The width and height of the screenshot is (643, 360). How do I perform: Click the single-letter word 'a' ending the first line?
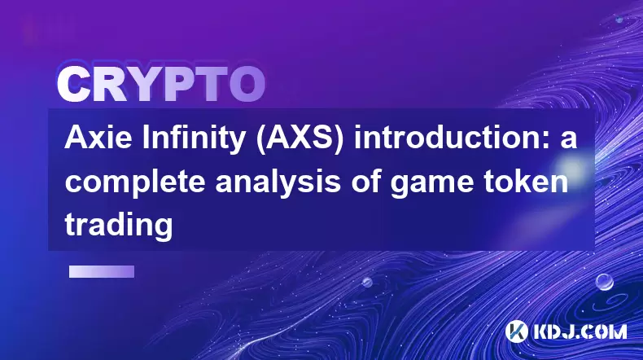click(569, 141)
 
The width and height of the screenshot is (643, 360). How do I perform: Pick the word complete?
click(135, 183)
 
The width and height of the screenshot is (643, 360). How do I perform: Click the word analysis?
click(278, 183)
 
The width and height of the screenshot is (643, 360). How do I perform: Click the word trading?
click(119, 225)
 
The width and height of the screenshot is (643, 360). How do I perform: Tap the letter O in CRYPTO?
click(247, 85)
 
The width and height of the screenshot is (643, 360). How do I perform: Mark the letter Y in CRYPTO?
click(144, 85)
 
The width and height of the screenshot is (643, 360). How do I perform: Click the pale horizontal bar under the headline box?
click(102, 272)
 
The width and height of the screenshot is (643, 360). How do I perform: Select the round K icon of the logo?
click(516, 331)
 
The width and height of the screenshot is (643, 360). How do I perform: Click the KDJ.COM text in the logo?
click(580, 331)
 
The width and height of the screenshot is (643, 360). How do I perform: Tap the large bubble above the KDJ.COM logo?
click(604, 282)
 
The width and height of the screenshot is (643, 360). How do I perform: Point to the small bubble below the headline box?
click(367, 282)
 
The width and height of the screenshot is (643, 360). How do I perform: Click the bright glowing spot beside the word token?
click(571, 168)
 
